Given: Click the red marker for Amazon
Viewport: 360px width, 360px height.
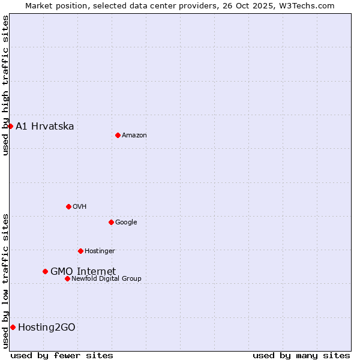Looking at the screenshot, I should [x=118, y=135].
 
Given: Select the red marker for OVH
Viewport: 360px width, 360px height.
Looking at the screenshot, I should [x=68, y=206].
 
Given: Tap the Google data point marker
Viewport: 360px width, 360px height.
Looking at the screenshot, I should [x=111, y=222].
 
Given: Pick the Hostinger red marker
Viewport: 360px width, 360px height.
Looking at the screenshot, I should [x=80, y=251].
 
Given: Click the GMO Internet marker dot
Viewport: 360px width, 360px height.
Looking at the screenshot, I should [x=45, y=271].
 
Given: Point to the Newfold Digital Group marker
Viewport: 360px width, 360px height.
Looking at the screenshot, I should [x=67, y=278].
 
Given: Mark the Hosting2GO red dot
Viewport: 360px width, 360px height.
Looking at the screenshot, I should [x=13, y=327].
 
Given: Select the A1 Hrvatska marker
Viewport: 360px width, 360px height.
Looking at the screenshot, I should [x=10, y=126].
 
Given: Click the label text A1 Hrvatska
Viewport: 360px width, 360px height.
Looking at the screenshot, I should [x=45, y=126].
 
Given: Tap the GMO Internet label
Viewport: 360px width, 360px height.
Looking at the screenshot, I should [x=83, y=271].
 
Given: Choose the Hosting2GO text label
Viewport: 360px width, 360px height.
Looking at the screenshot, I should [x=47, y=327].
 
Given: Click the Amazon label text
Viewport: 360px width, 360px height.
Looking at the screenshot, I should [x=134, y=135].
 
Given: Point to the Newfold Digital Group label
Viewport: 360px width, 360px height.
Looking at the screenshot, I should [x=106, y=278].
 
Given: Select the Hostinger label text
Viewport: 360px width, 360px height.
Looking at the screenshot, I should [x=100, y=251].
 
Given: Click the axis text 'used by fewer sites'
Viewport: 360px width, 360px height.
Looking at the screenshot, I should [x=62, y=355].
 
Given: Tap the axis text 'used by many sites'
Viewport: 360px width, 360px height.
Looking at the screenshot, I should [x=301, y=355].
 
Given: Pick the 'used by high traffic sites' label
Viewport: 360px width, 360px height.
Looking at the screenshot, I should [x=5, y=85].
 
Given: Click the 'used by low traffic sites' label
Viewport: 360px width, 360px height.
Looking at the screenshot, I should [x=5, y=281].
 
